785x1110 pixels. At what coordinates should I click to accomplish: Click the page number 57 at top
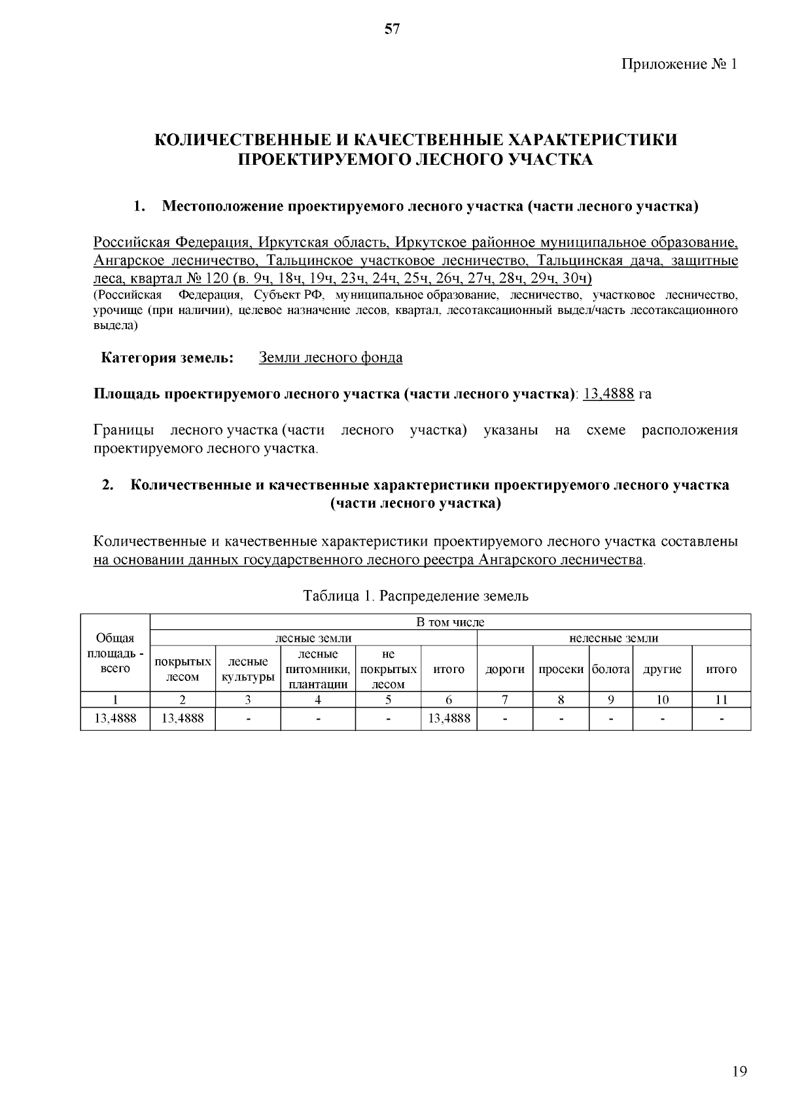point(392,29)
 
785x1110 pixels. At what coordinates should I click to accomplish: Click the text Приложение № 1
point(678,64)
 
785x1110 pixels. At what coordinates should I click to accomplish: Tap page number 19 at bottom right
point(739,1071)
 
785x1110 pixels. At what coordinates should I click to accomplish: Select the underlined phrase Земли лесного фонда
point(330,358)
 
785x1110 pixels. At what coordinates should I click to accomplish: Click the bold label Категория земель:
point(166,358)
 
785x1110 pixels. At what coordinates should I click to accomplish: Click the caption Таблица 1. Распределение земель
point(415,596)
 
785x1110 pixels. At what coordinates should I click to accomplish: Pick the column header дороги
point(504,669)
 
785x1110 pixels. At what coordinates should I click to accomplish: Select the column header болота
point(610,669)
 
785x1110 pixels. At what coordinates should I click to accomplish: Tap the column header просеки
point(561,669)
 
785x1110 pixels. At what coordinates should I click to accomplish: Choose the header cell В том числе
point(450,622)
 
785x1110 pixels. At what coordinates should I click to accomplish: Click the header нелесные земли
point(614,638)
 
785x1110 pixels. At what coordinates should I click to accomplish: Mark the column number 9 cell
point(610,700)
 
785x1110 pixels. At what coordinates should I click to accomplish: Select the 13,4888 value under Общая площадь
point(115,719)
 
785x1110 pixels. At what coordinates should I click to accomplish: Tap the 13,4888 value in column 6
point(449,719)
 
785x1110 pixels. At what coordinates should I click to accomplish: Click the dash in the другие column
point(662,720)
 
